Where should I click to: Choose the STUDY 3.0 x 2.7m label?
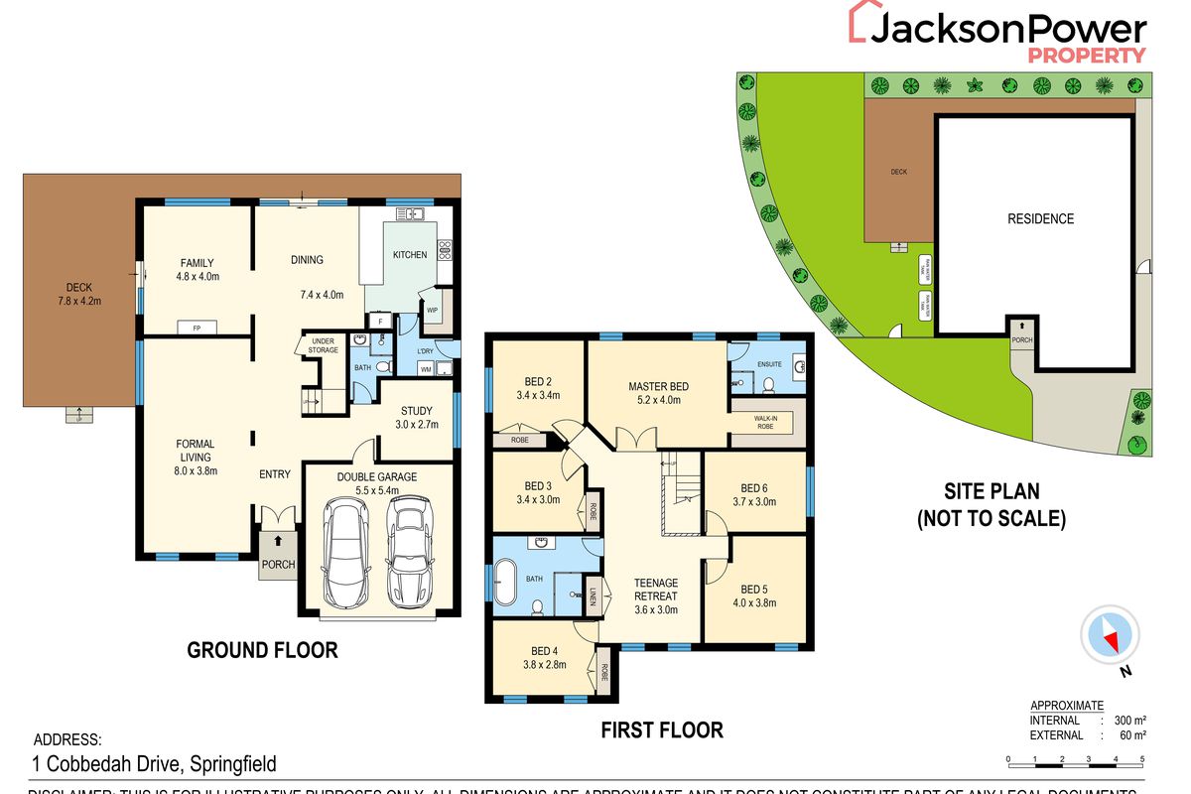pyautogui.click(x=417, y=418)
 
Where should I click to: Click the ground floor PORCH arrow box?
pyautogui.click(x=278, y=554)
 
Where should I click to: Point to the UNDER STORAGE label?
pyautogui.click(x=323, y=345)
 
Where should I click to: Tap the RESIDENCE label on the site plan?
pyautogui.click(x=1040, y=218)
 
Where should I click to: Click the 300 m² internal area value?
pyautogui.click(x=1128, y=721)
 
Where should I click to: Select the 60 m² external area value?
pyautogui.click(x=1131, y=735)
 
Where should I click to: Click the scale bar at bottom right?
pyautogui.click(x=1075, y=759)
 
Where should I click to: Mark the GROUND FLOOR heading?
pyautogui.click(x=263, y=651)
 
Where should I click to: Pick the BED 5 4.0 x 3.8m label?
pyautogui.click(x=754, y=595)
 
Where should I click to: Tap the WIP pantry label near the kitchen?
pyautogui.click(x=432, y=310)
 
